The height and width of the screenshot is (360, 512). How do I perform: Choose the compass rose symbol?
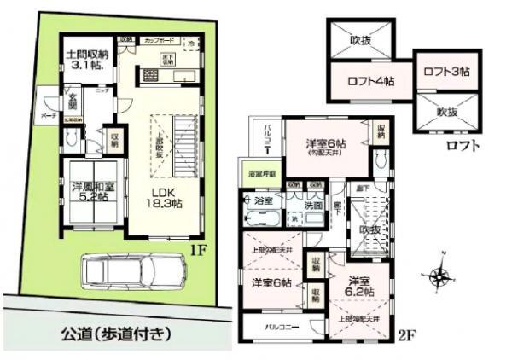pos(440,276)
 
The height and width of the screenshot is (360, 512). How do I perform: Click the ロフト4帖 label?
pos(369,83)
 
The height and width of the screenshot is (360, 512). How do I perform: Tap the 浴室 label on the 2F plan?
pos(264,200)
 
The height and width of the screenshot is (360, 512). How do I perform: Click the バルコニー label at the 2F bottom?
pos(279,326)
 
